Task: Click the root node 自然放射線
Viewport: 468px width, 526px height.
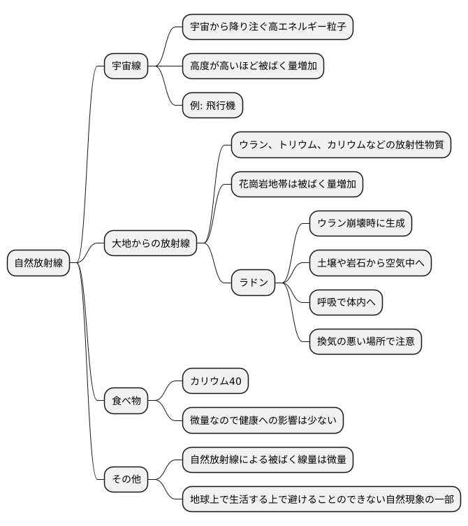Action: point(39,264)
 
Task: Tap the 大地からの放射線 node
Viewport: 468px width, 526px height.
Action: point(150,244)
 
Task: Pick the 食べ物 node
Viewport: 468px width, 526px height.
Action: point(126,401)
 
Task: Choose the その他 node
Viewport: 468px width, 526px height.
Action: point(126,479)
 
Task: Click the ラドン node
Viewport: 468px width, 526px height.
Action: point(253,283)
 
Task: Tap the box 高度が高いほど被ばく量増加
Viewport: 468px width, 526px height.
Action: point(253,66)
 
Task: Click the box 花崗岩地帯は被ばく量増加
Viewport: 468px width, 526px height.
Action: point(298,184)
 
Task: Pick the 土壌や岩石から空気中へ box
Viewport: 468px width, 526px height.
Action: point(371,263)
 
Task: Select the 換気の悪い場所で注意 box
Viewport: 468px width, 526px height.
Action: point(366,341)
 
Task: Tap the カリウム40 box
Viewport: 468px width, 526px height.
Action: point(215,381)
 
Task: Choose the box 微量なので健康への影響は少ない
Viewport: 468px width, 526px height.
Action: point(263,420)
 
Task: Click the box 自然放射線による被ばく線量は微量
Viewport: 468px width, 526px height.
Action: point(268,460)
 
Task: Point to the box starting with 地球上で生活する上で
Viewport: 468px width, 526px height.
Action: point(321,499)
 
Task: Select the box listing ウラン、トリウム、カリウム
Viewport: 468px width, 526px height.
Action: point(341,145)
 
